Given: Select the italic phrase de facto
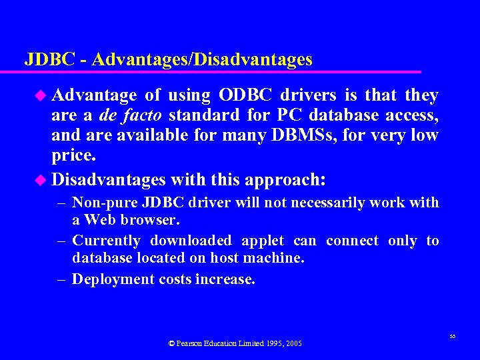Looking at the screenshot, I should pos(127,116).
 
